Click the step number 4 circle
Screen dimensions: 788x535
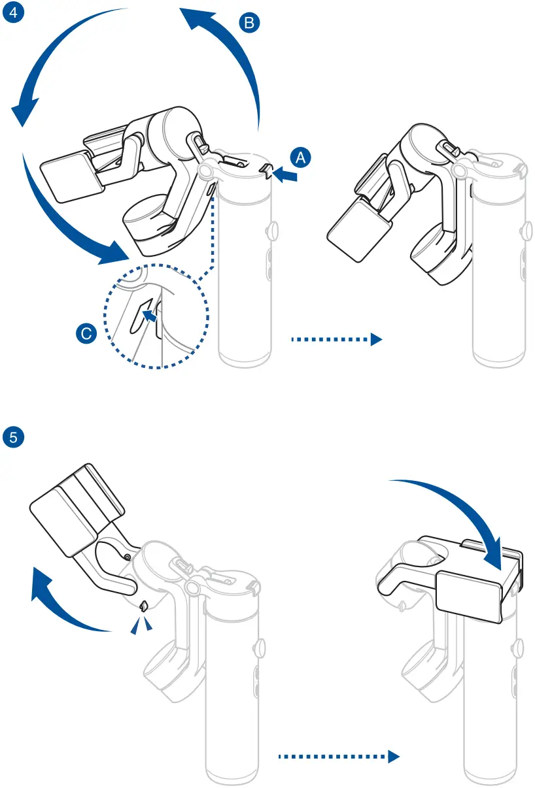(x=14, y=14)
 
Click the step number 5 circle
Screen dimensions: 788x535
(x=14, y=436)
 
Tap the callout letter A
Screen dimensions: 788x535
(x=300, y=157)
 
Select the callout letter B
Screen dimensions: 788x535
(x=249, y=24)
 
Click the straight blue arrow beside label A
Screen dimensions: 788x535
(x=286, y=174)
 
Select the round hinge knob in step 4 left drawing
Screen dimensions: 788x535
(x=206, y=171)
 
